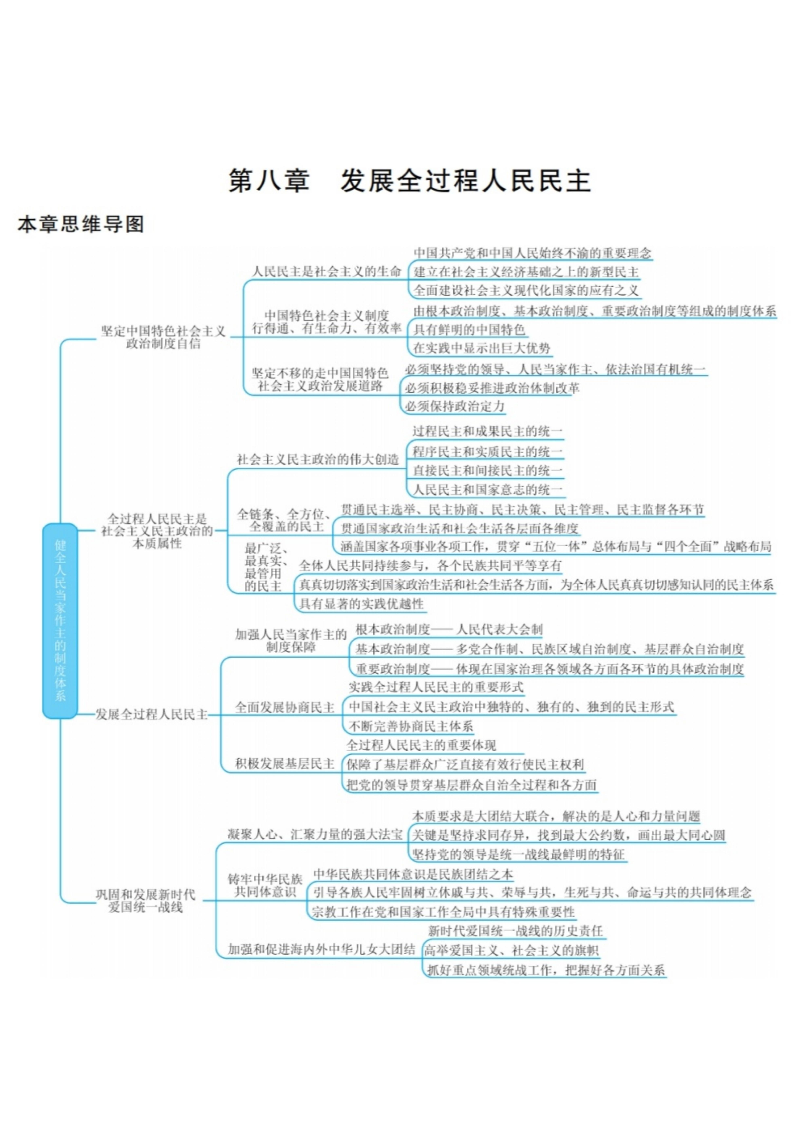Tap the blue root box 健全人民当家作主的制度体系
tap(60, 621)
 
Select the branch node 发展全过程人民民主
tap(152, 715)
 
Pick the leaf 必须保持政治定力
tap(455, 407)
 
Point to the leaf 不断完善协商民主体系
tap(411, 726)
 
